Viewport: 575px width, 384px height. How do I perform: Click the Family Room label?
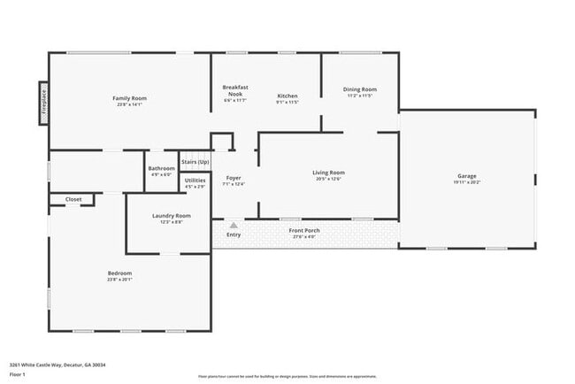point(129,97)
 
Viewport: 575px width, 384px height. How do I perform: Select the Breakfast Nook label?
point(235,90)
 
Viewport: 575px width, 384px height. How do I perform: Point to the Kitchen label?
point(287,96)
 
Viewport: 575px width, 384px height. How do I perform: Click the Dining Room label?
point(360,89)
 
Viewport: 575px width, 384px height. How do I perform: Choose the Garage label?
point(466,175)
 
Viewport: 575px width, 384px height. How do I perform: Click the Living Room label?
point(328,172)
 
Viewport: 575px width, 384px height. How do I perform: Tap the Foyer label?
point(234,178)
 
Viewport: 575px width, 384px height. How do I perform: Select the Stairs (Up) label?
point(195,163)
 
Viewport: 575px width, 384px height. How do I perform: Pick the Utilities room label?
point(195,180)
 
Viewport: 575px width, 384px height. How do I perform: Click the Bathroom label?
point(161,168)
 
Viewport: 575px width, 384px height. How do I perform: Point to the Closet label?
point(73,199)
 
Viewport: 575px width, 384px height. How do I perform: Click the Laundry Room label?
point(172,216)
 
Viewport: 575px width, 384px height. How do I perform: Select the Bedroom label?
point(119,273)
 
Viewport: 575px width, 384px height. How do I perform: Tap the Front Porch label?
point(304,231)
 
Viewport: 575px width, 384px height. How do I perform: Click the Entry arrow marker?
point(234,226)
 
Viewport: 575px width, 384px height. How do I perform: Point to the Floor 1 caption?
point(18,374)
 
